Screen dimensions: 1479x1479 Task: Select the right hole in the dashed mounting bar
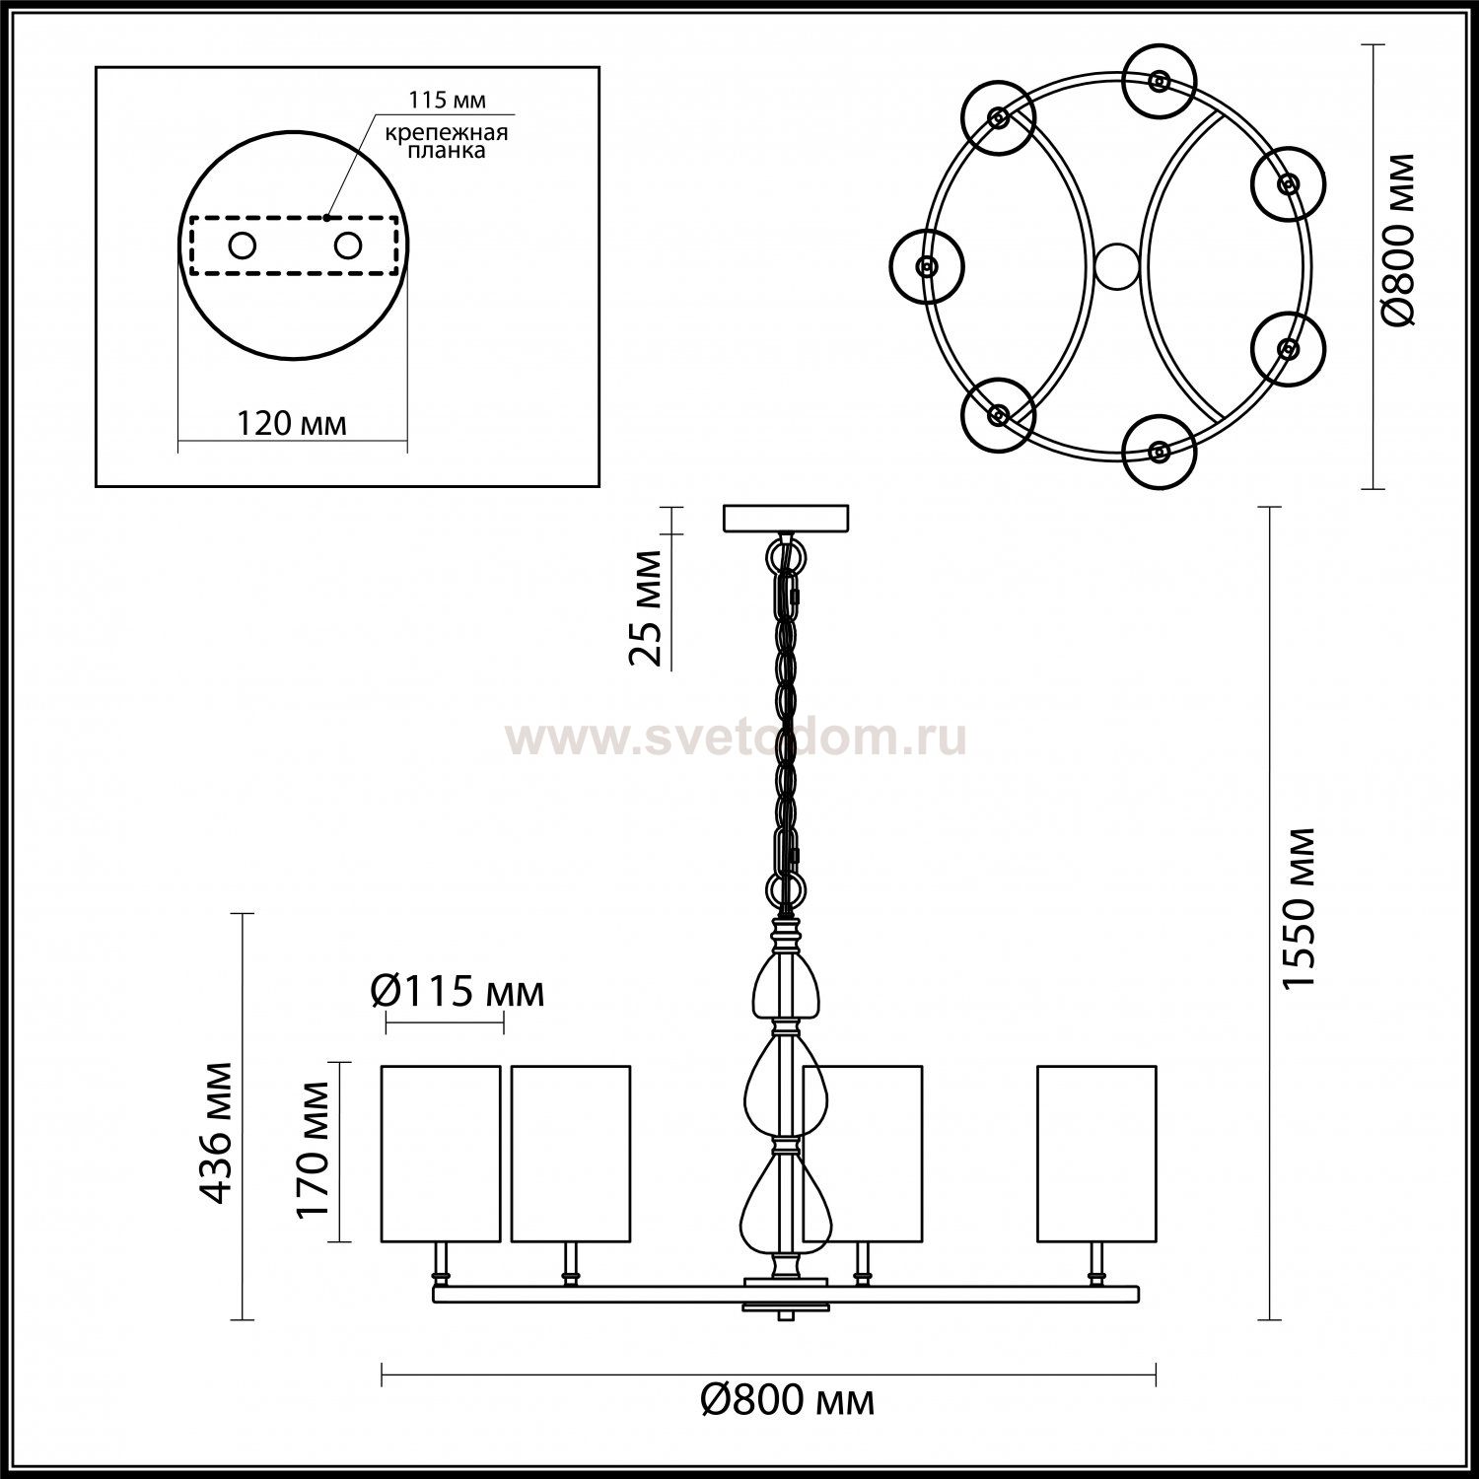[348, 245]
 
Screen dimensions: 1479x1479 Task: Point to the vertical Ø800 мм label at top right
[1397, 239]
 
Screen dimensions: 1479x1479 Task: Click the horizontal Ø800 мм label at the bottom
[788, 1399]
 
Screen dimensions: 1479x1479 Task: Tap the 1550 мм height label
[1298, 909]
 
